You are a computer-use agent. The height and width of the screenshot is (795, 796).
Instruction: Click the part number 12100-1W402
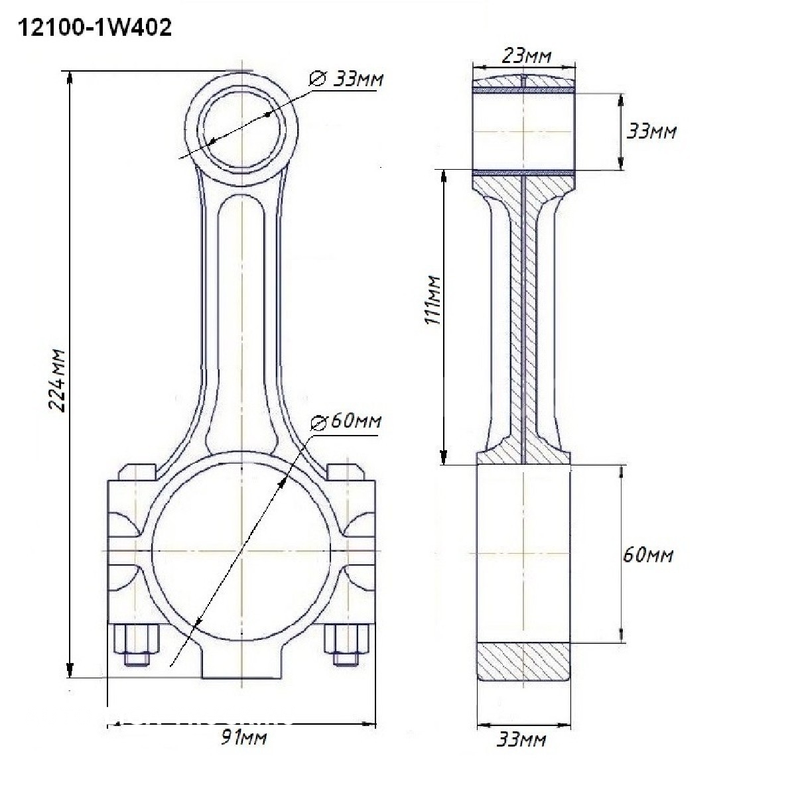point(95,28)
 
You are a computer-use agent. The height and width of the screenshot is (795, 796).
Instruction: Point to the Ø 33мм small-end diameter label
point(346,78)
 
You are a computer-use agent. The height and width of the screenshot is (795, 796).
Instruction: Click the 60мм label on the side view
point(647,555)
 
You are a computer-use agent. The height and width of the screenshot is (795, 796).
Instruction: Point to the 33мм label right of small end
point(651,132)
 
